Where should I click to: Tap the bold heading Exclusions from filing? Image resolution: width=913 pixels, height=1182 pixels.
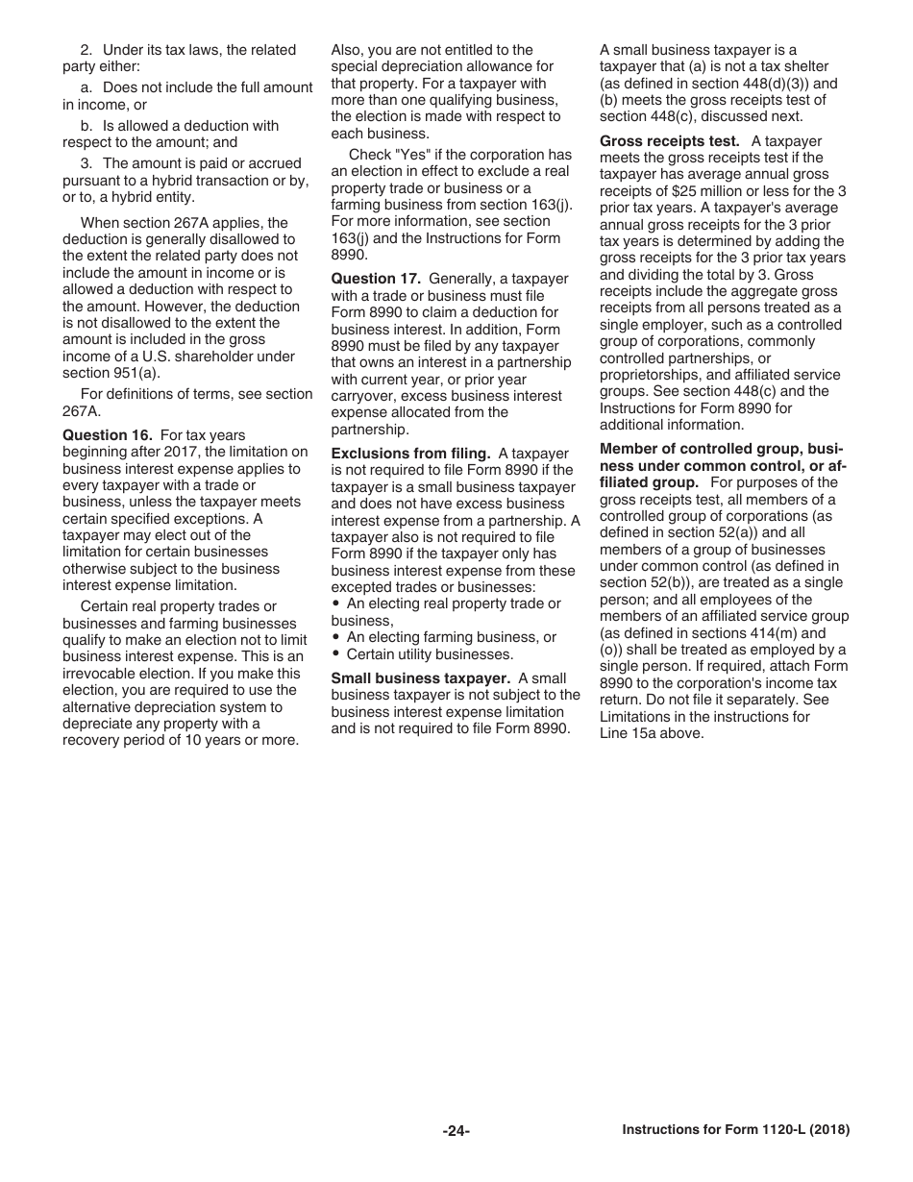point(410,454)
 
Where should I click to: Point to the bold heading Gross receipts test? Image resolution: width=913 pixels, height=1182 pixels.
point(669,141)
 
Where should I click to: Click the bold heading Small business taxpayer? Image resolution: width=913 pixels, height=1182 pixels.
point(420,678)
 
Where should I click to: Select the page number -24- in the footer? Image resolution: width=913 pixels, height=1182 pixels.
point(456,1131)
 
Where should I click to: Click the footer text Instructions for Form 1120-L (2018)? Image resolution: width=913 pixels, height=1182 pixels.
point(735,1131)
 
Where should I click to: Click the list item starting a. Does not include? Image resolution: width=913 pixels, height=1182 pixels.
point(196,87)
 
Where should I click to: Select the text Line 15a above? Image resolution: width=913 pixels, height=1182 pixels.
point(652,733)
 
